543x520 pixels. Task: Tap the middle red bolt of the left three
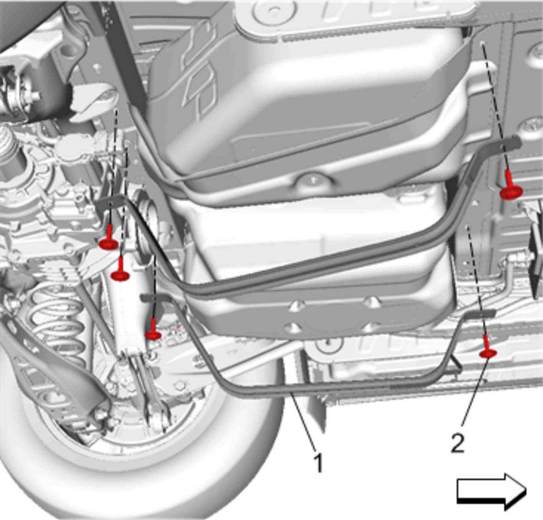point(120,271)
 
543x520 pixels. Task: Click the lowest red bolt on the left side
point(153,330)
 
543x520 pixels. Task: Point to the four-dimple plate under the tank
point(332,315)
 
